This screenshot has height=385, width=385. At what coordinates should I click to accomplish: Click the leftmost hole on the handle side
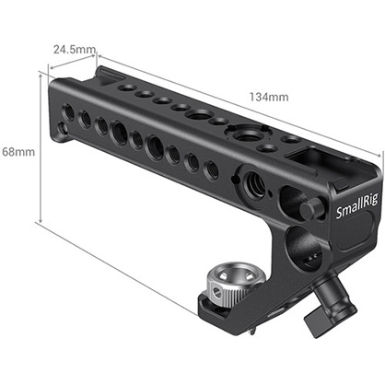(66, 111)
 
